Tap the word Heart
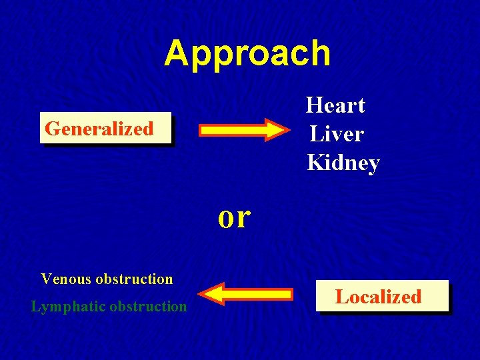pos(335,105)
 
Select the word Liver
pos(336,134)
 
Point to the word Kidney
pos(343,163)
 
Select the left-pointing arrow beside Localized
pos(247,294)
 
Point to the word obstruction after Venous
pos(134,279)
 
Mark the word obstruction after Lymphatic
pos(148,307)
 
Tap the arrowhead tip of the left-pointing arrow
pos(201,294)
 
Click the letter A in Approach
pos(177,53)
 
